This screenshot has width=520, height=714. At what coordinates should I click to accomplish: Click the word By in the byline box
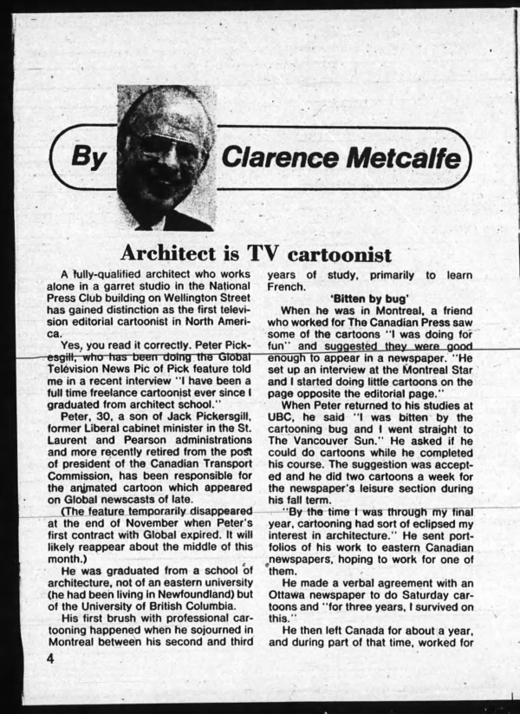click(x=89, y=158)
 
